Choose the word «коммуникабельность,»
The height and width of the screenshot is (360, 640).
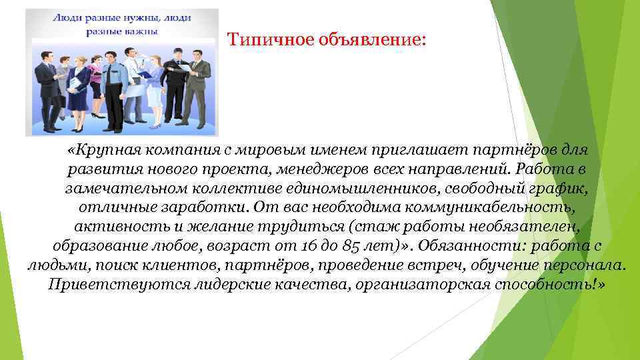point(495,208)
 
